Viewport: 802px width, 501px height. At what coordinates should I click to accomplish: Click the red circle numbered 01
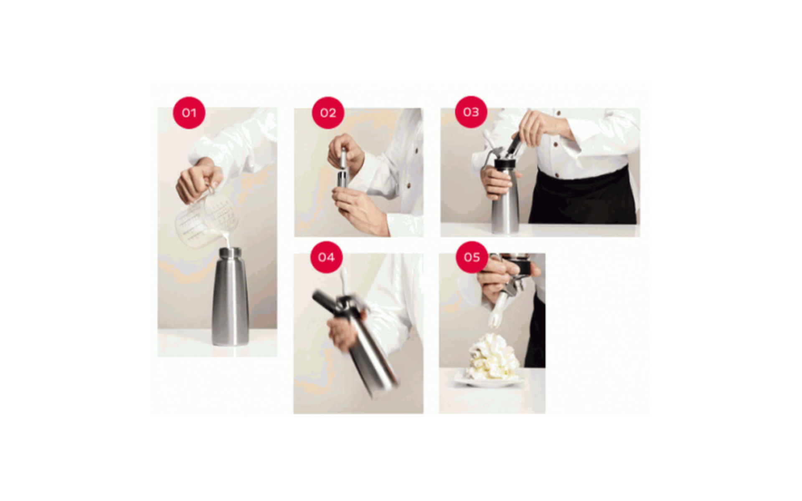[189, 113]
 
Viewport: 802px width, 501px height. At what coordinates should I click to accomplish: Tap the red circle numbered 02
[328, 113]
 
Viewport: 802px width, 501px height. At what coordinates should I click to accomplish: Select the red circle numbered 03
[471, 112]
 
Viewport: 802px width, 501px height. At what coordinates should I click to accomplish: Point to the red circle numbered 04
[326, 257]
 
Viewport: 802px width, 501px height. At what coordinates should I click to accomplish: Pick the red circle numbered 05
[472, 257]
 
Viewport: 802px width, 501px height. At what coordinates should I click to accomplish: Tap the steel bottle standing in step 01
[230, 296]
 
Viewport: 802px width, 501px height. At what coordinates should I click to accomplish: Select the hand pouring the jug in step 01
[199, 182]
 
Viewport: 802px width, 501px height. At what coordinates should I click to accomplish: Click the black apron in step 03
[583, 196]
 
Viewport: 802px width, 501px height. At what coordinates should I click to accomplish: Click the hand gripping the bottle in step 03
[497, 182]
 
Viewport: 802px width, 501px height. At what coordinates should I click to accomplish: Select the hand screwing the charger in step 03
[539, 125]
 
